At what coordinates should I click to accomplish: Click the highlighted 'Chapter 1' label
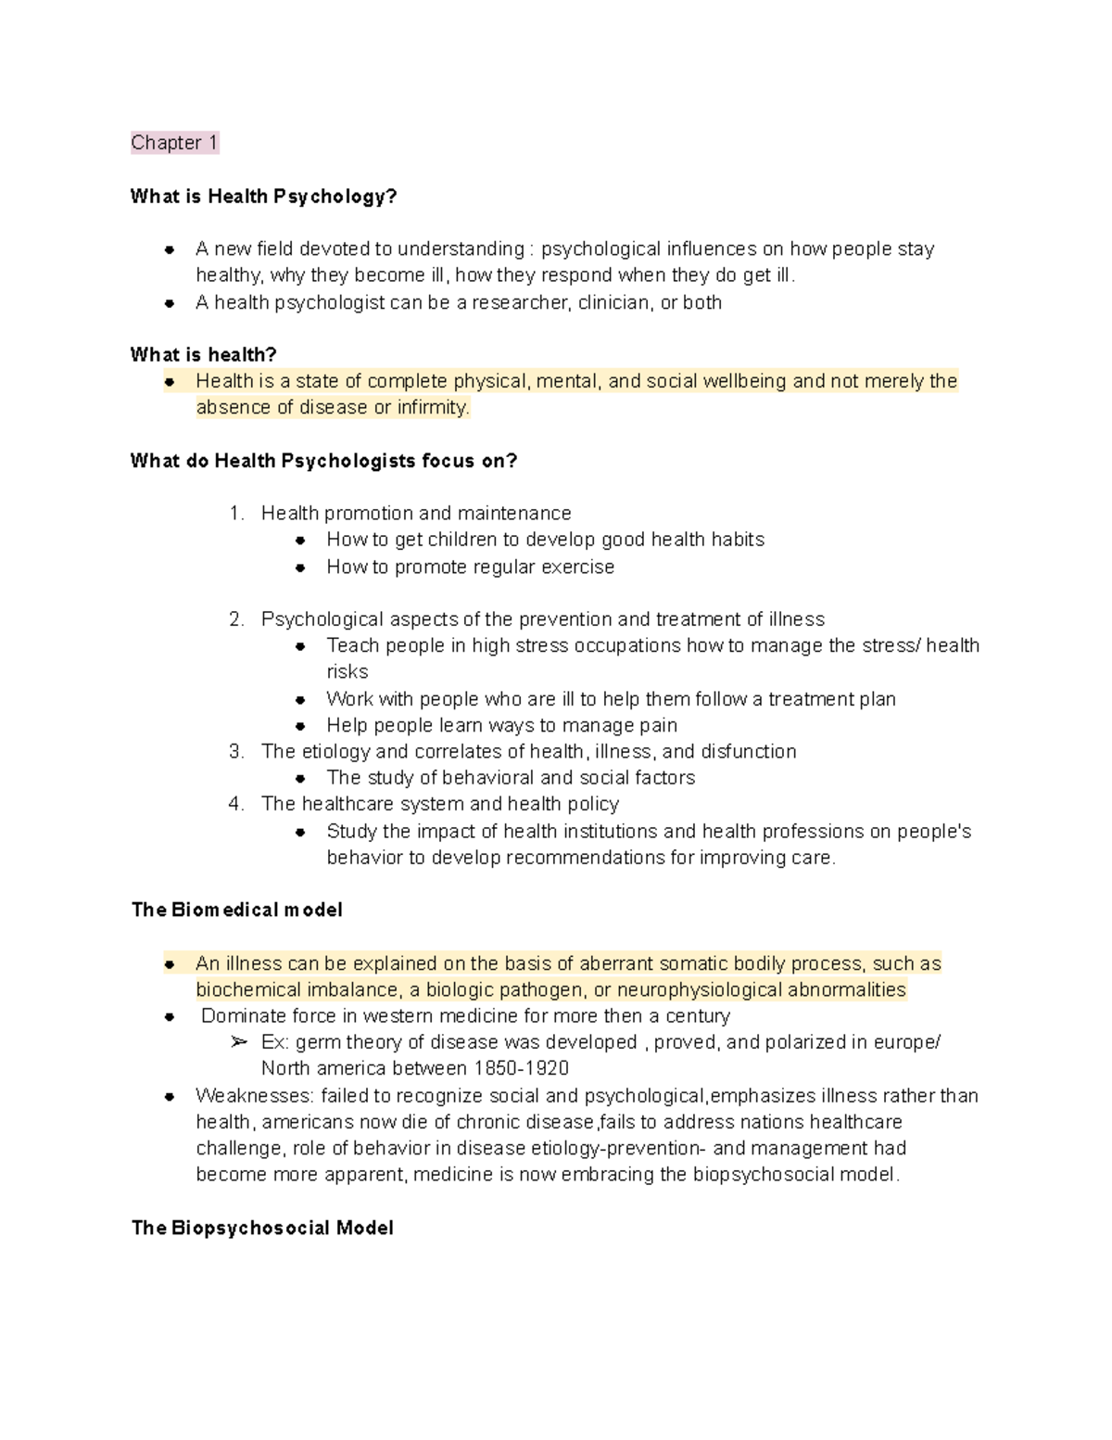pos(174,143)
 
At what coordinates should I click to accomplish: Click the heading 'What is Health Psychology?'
pos(263,197)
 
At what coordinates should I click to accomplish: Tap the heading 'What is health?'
pos(203,354)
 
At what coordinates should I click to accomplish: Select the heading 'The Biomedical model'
pos(236,910)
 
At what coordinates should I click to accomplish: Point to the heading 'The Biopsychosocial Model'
pos(262,1228)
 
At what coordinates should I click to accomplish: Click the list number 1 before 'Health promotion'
pos(235,514)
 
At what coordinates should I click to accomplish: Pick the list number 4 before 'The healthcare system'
pos(235,804)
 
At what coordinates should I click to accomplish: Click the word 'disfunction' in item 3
pos(748,751)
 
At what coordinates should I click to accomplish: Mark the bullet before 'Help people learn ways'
pos(300,726)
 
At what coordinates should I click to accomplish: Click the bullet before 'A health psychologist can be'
pos(170,303)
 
